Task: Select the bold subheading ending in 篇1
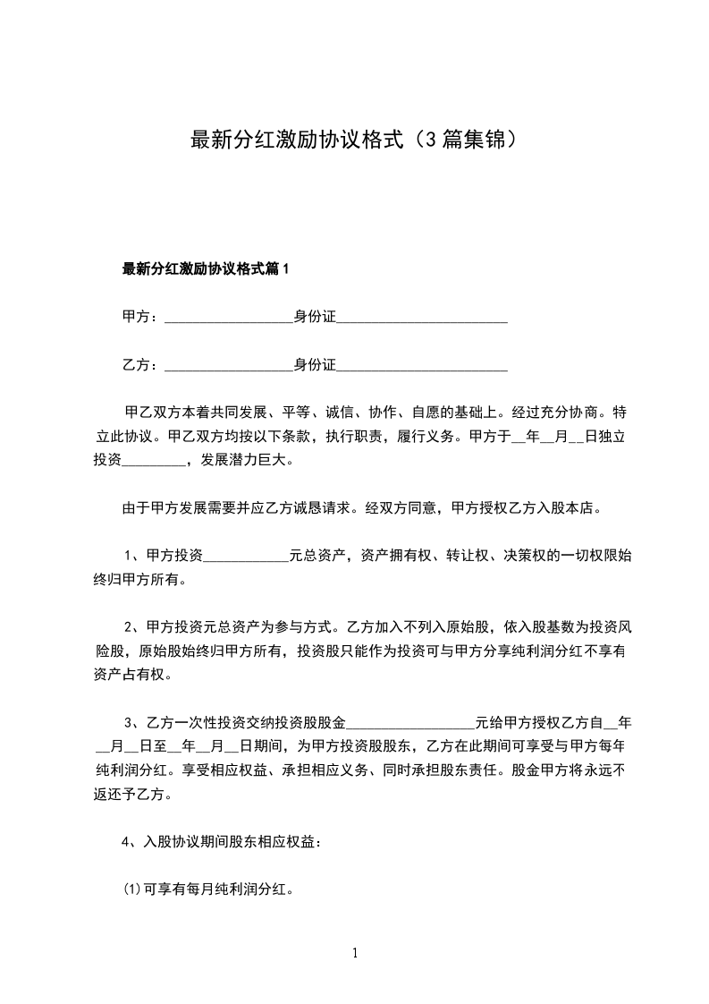click(207, 268)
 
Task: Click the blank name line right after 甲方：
click(229, 319)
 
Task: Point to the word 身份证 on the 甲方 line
click(314, 317)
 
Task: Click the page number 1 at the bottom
click(355, 953)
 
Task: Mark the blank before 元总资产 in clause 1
click(247, 557)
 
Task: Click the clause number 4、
click(128, 842)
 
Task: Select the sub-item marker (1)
click(131, 890)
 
